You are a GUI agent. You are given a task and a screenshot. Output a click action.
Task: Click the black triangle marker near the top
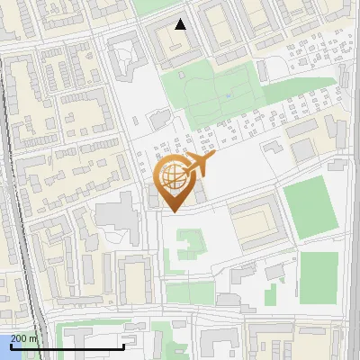pos(181,24)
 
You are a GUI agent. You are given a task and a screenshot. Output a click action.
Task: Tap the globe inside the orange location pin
pos(171,175)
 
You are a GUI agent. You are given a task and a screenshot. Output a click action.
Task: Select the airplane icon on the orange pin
pos(201,163)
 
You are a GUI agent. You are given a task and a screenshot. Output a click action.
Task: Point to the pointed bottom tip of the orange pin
pos(172,211)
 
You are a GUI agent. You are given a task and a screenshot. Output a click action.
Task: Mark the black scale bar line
pos(67,346)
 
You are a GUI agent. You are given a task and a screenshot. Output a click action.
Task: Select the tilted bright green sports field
pos(310,206)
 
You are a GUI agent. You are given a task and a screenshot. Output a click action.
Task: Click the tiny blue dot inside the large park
pos(229,95)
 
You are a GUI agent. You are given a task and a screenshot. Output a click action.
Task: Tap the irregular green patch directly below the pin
pos(190,244)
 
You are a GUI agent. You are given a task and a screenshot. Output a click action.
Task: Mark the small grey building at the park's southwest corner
pos(159,118)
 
